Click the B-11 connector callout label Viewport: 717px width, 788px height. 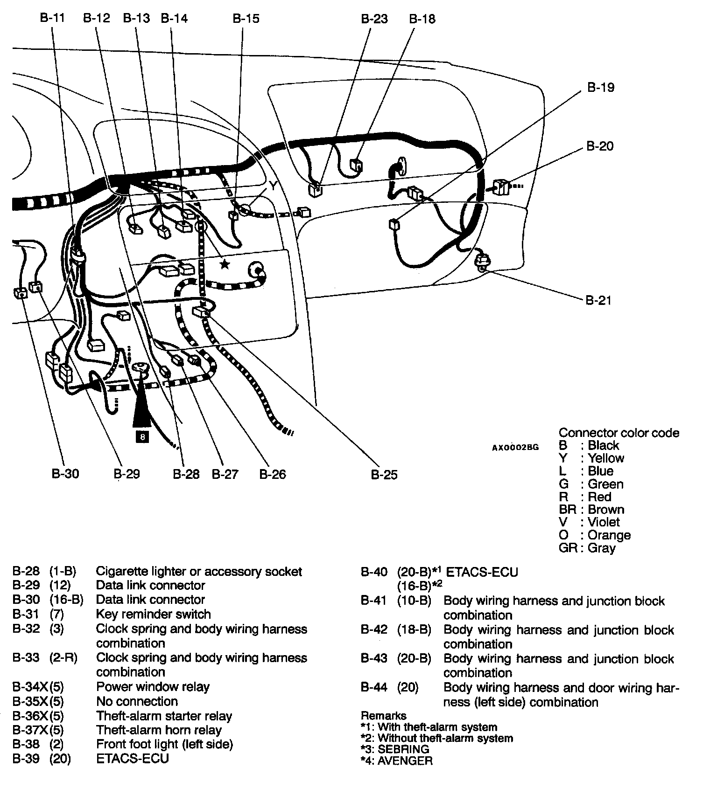point(52,18)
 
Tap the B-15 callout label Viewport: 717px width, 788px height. point(246,19)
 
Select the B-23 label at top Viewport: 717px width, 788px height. point(374,19)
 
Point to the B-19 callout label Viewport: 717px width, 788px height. point(600,87)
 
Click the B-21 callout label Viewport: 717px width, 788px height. point(598,300)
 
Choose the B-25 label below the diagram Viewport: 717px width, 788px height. point(384,475)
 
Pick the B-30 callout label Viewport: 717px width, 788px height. point(65,474)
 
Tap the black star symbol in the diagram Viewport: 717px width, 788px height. point(225,264)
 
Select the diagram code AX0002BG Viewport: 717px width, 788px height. point(515,447)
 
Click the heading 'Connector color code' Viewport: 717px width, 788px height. point(619,433)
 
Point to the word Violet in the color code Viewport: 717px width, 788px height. point(604,522)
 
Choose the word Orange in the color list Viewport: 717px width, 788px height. point(609,535)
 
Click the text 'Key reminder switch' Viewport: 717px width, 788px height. point(153,614)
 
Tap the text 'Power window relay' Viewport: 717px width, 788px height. point(153,686)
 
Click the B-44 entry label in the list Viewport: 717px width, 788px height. point(374,687)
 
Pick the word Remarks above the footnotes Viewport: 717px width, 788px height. point(383,716)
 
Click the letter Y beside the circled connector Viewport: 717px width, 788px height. point(274,187)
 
